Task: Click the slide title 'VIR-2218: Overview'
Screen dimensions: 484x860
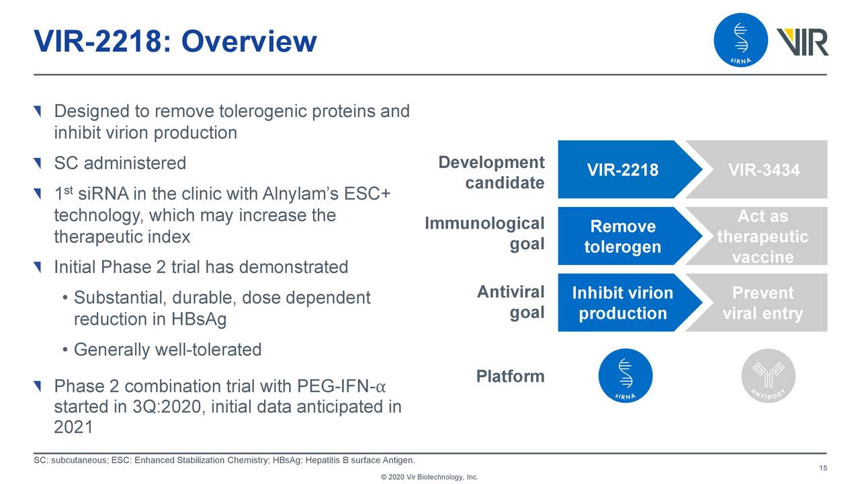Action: tap(175, 42)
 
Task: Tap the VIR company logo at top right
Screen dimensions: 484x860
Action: tap(802, 42)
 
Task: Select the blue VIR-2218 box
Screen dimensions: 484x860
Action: tap(622, 170)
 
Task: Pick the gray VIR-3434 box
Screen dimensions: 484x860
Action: tap(764, 170)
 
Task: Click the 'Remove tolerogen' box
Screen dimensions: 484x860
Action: tap(622, 237)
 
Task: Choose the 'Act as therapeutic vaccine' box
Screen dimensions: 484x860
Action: tap(763, 237)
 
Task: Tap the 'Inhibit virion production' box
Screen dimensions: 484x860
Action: tap(622, 303)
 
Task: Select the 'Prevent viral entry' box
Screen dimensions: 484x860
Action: tap(763, 303)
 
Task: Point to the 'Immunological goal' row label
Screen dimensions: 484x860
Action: tap(484, 233)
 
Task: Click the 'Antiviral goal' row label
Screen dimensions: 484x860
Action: tap(511, 302)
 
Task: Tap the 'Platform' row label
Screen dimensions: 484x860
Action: tap(510, 376)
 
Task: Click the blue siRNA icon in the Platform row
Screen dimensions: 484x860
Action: tap(625, 376)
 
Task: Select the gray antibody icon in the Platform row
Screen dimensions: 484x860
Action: tap(768, 376)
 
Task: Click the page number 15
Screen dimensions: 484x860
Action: tap(822, 469)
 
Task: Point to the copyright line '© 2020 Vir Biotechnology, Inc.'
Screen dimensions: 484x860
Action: tap(429, 477)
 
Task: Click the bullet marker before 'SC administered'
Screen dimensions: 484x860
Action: tap(38, 163)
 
